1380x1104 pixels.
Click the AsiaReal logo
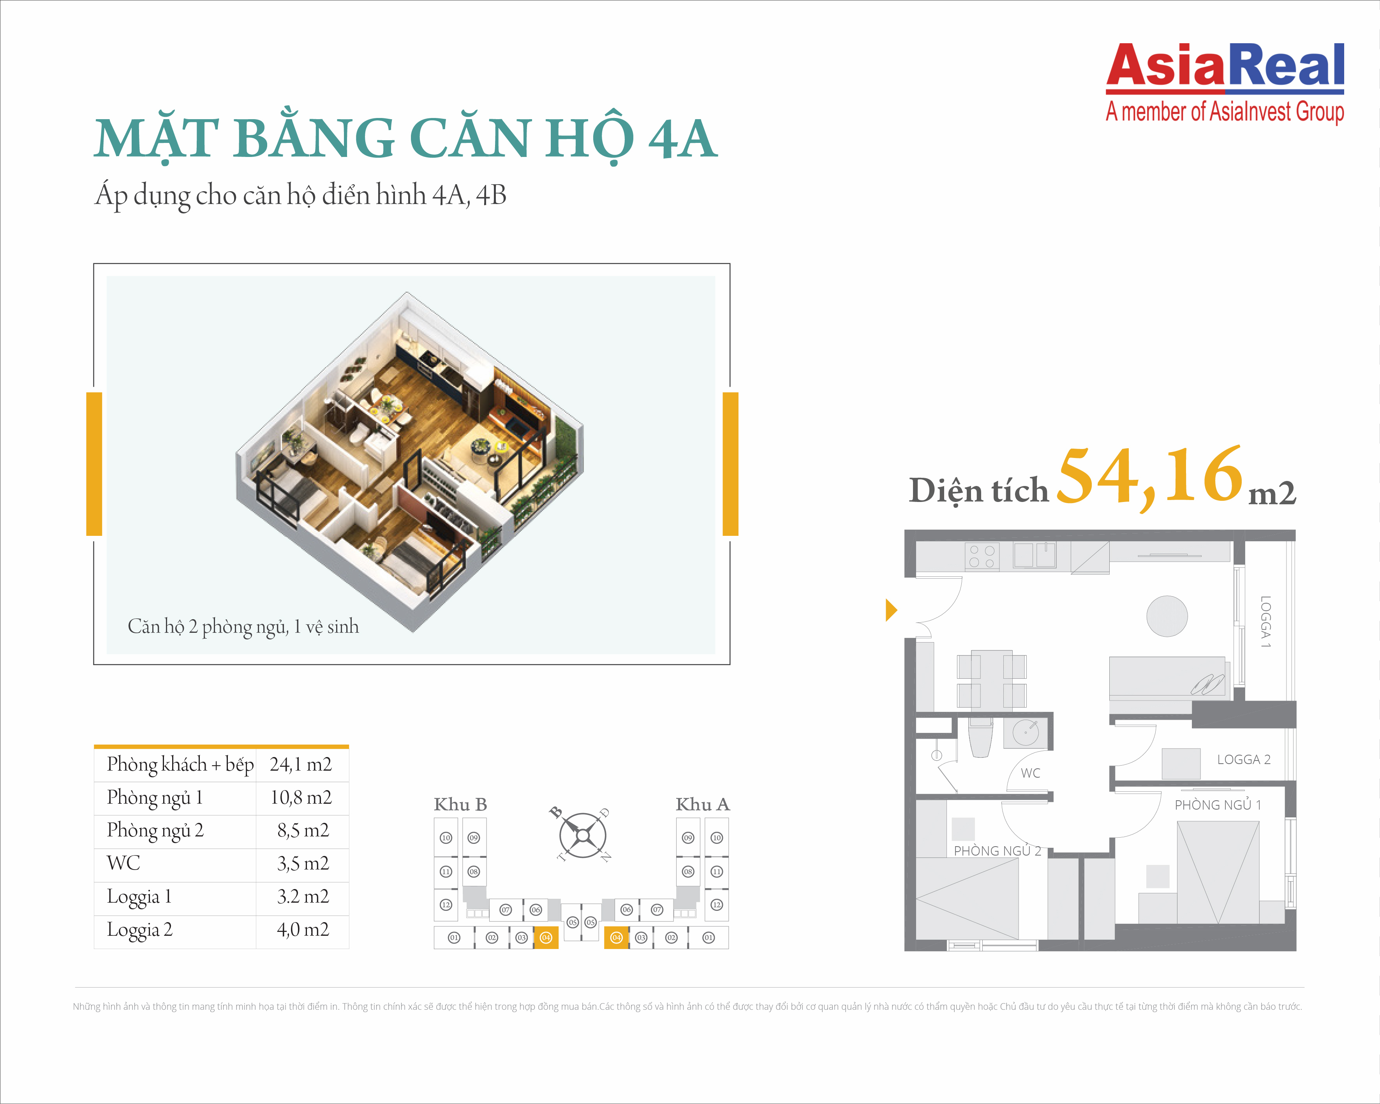(x=1225, y=82)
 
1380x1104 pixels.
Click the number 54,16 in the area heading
(x=1149, y=477)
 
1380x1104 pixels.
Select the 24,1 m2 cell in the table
(x=301, y=764)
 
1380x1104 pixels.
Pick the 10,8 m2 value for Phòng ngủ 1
(x=301, y=798)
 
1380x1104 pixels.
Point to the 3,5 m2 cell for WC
(x=303, y=863)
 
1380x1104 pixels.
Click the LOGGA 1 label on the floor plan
(x=1265, y=622)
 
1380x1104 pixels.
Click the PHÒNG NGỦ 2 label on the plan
(x=997, y=850)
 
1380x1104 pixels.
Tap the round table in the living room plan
(x=1167, y=616)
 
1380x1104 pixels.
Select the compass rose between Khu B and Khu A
(x=582, y=836)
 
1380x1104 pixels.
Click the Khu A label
(x=703, y=805)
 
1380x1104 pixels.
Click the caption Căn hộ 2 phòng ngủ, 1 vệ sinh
(x=243, y=627)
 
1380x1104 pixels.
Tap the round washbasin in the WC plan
(x=1026, y=732)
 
